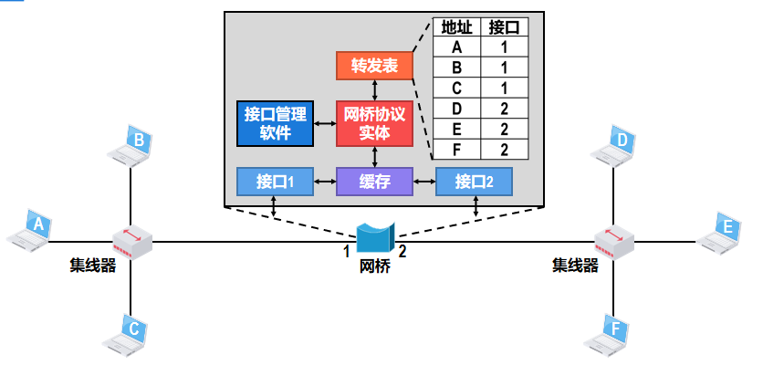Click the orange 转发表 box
(x=374, y=66)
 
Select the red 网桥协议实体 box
(x=374, y=123)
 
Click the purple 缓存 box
(x=374, y=182)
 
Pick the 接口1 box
(x=275, y=182)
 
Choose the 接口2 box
(x=473, y=182)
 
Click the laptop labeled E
(x=721, y=232)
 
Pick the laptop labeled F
(x=611, y=332)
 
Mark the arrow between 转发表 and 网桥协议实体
(x=374, y=89)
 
